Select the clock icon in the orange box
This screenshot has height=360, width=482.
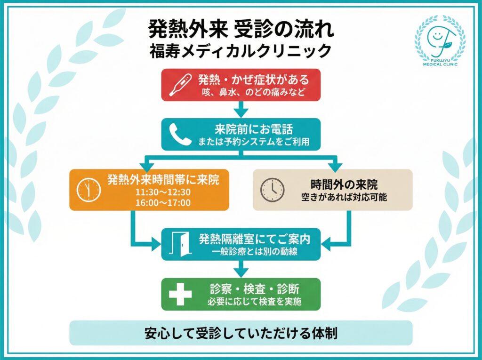pyautogui.click(x=89, y=190)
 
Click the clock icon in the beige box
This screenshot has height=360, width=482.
pyautogui.click(x=273, y=190)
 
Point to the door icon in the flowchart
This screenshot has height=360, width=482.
pyautogui.click(x=180, y=244)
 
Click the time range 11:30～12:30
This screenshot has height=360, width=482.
pyautogui.click(x=164, y=192)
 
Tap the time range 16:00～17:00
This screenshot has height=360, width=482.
pyautogui.click(x=164, y=203)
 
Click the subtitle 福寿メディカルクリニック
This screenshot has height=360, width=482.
pyautogui.click(x=241, y=50)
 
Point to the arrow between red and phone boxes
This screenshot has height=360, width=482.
pyautogui.click(x=241, y=110)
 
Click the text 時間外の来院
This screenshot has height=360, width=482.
pyautogui.click(x=344, y=184)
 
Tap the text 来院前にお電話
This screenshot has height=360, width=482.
pyautogui.click(x=254, y=129)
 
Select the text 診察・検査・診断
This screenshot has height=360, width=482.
pyautogui.click(x=255, y=288)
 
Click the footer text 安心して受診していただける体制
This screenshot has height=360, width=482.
pyautogui.click(x=241, y=333)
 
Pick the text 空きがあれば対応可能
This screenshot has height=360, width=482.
pyautogui.click(x=344, y=197)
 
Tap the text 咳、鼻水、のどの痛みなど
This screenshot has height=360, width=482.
pyautogui.click(x=254, y=92)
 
